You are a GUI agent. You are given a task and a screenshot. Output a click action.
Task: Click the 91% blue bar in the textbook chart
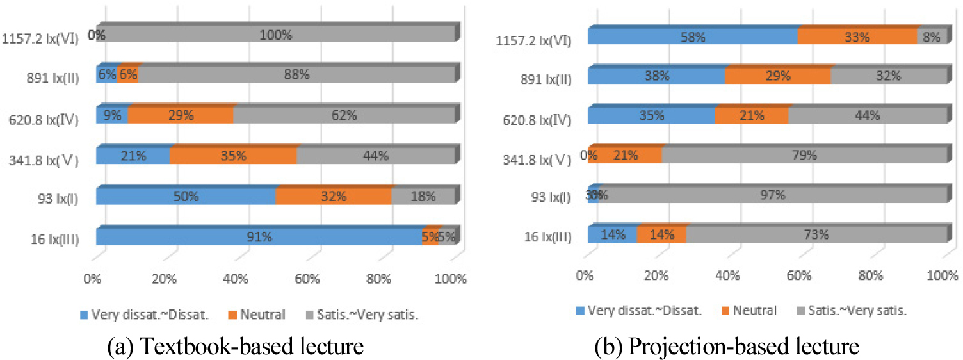point(259,236)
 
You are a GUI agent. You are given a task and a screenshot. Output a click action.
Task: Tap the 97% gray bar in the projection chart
point(772,195)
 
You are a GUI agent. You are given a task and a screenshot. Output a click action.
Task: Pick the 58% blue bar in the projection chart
point(692,37)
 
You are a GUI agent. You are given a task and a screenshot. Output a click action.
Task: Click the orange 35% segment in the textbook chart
point(233,156)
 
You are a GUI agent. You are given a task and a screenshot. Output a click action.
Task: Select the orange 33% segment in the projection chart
point(857,37)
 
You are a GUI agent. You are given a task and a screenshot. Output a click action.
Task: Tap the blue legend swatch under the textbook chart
point(83,315)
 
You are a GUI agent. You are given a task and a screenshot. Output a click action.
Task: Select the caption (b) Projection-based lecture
point(725,346)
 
